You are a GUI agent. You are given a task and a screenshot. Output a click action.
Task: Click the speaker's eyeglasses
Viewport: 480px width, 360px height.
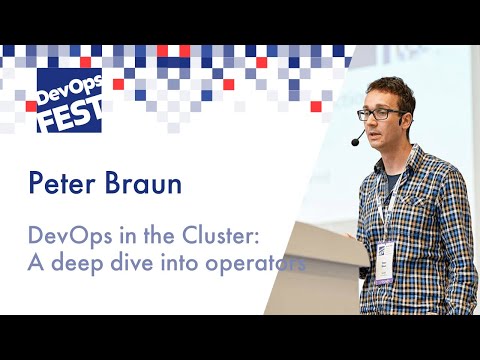click(x=381, y=114)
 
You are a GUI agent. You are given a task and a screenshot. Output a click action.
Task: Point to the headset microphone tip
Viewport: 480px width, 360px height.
click(x=355, y=143)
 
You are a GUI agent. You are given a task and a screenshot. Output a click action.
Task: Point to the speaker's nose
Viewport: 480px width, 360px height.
click(x=377, y=125)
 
